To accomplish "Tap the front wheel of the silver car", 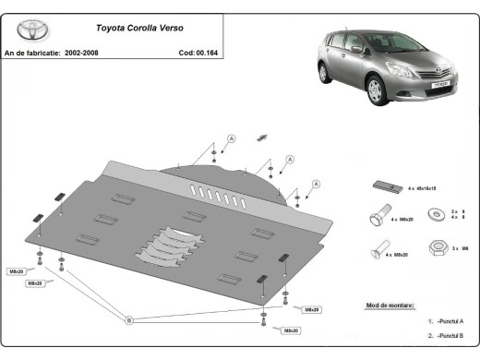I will pos(376,90).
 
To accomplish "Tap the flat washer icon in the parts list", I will pos(433,215).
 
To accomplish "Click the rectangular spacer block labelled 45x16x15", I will pos(386,187).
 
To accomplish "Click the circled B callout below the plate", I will pos(129,319).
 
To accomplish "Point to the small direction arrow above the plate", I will pos(261,138).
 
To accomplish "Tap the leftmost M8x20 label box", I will pos(17,271).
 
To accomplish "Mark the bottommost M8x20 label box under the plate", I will pos(291,330).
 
